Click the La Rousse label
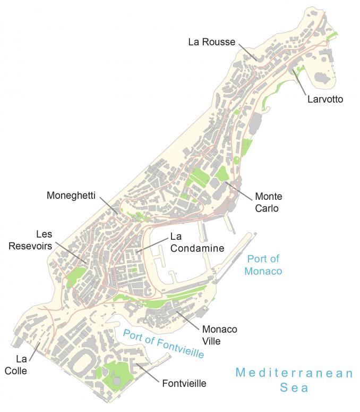pyautogui.click(x=211, y=42)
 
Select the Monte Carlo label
pyautogui.click(x=268, y=202)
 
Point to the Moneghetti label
pyautogui.click(x=71, y=196)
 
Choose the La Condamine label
pyautogui.click(x=196, y=242)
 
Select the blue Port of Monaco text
pyautogui.click(x=263, y=265)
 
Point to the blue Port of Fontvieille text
pyautogui.click(x=163, y=344)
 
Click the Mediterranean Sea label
pyautogui.click(x=294, y=380)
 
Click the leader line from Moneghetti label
pyautogui.click(x=109, y=206)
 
